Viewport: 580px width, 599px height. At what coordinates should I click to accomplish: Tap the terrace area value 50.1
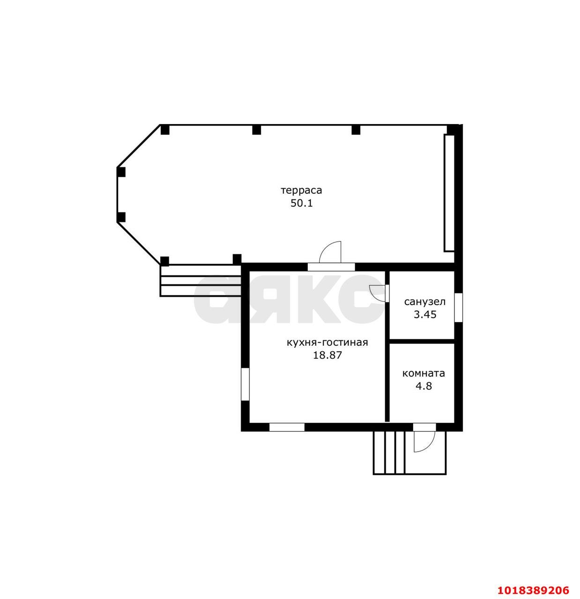point(301,204)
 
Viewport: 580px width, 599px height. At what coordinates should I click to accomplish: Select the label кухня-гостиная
point(327,343)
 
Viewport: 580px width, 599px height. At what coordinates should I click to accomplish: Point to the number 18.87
point(327,356)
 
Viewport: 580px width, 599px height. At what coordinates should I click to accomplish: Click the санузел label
point(424,302)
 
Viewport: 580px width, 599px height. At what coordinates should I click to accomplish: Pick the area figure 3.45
point(424,314)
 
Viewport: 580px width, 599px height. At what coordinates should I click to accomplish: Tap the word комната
point(424,374)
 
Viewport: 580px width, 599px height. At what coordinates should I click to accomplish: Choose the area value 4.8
point(424,386)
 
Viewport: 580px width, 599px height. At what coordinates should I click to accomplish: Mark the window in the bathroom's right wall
point(458,307)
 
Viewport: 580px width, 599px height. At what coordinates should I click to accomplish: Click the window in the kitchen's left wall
point(245,384)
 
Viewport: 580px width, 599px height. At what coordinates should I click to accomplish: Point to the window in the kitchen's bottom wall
point(287,427)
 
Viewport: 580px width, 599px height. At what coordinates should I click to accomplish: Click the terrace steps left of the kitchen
point(200,280)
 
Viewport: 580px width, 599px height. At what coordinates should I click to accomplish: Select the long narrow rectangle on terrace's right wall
point(449,193)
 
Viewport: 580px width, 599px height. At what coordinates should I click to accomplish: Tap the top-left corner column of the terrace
point(165,130)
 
